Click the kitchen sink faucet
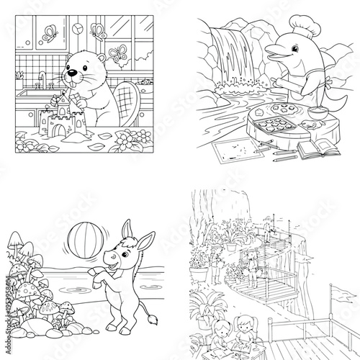coord(42,78)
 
